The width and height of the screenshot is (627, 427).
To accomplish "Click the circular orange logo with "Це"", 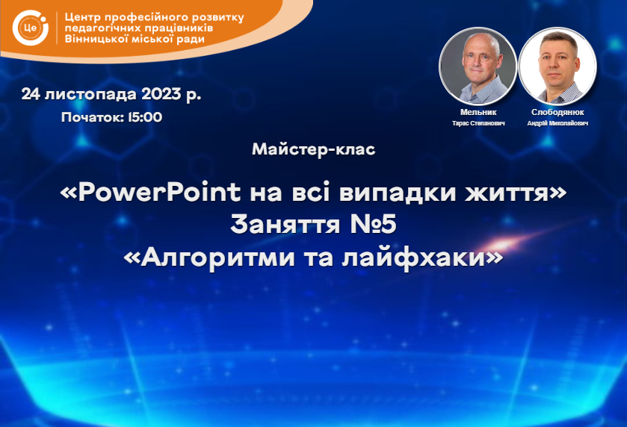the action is click(31, 28).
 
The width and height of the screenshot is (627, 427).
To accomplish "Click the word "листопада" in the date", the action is click(90, 95).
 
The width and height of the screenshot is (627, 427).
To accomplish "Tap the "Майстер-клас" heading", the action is click(314, 149).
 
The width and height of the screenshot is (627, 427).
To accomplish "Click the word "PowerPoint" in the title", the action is click(159, 192).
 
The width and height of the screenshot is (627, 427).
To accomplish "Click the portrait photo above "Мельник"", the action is click(478, 66).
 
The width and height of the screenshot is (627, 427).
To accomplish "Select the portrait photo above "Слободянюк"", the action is click(557, 66).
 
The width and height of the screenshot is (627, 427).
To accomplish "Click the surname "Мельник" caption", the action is click(478, 112).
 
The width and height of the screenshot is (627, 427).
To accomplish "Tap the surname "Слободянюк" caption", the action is click(557, 112).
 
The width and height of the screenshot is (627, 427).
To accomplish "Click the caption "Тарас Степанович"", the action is click(478, 123).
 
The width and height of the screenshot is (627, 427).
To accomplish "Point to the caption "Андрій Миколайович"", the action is click(557, 123).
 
